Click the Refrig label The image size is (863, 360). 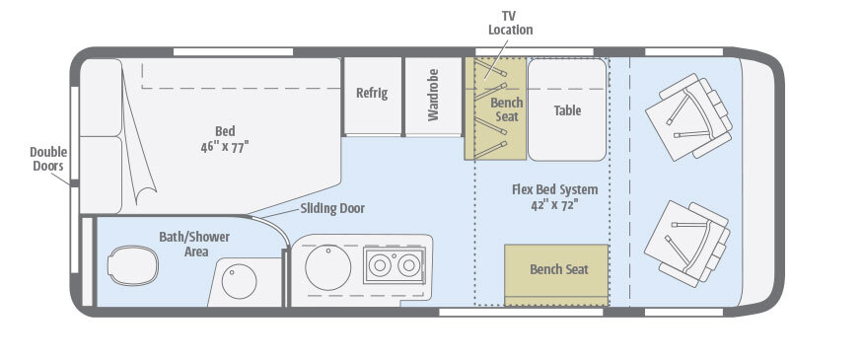tap(372, 93)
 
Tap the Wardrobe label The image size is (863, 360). tap(434, 95)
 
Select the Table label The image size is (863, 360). tap(567, 110)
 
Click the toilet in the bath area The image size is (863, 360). tap(132, 265)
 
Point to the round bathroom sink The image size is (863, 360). tap(239, 281)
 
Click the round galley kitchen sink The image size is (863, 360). tap(328, 267)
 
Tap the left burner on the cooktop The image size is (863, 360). tap(380, 265)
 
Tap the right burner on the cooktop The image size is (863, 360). tap(409, 265)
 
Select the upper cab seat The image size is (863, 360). tap(688, 116)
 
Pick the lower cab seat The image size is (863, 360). tap(687, 244)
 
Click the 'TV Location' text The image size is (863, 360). tap(510, 23)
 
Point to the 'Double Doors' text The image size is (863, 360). tap(48, 159)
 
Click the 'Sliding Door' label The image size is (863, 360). tap(332, 209)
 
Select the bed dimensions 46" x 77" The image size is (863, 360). tap(225, 147)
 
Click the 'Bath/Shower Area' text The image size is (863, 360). tap(194, 245)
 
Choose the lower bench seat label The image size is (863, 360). tap(558, 269)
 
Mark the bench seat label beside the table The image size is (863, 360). tap(507, 109)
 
